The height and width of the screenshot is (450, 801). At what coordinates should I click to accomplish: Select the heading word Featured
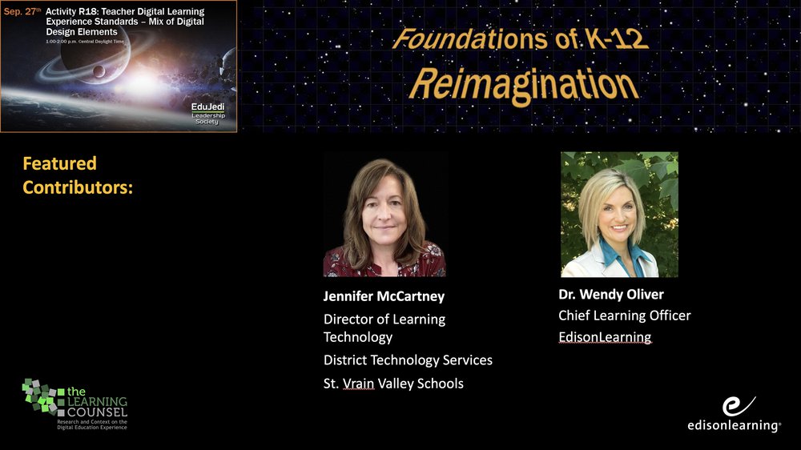click(x=60, y=163)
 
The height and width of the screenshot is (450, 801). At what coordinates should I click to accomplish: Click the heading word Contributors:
click(x=78, y=187)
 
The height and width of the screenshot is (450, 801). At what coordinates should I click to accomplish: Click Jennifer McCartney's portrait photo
click(x=384, y=215)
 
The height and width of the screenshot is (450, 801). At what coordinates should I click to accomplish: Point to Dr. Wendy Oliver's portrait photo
click(x=619, y=215)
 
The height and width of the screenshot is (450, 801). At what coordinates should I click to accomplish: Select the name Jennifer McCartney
click(x=384, y=296)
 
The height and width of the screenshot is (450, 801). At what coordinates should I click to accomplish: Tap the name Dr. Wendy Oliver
click(x=611, y=294)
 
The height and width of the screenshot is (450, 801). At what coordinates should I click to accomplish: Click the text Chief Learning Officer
click(x=624, y=315)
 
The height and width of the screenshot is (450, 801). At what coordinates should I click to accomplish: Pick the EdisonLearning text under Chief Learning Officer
click(x=605, y=337)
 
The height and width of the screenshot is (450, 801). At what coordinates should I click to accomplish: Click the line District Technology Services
click(x=408, y=360)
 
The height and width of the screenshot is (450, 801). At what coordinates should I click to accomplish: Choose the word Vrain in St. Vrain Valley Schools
click(x=359, y=384)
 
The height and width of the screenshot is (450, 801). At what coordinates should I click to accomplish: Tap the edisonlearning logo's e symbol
click(x=738, y=406)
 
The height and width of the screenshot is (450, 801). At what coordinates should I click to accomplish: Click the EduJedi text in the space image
click(x=207, y=106)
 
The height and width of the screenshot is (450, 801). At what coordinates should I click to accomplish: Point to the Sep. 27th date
click(x=22, y=11)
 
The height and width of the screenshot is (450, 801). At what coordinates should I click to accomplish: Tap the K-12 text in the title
click(x=617, y=38)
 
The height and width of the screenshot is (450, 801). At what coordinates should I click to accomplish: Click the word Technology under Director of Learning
click(x=357, y=337)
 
